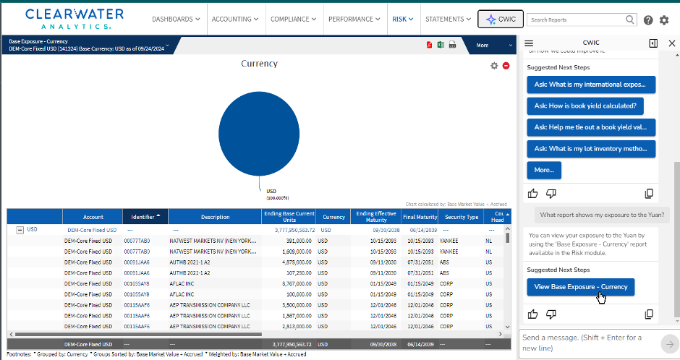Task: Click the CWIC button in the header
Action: pos(501,20)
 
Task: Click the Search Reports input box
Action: pos(576,20)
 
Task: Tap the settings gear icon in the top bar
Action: pos(664,20)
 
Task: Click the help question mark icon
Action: pos(648,20)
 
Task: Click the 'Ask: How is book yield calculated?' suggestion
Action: pos(586,106)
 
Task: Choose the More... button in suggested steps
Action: pos(544,170)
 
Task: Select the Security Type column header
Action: pos(461,216)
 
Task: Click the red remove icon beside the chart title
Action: pos(506,66)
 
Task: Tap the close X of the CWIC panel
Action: pos(671,43)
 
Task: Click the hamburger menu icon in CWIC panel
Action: pos(529,44)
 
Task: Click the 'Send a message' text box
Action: pos(586,342)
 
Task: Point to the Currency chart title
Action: pos(259,64)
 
